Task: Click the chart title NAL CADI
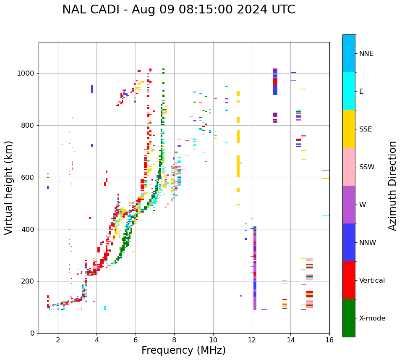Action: point(178,10)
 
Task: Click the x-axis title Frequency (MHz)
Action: point(183,350)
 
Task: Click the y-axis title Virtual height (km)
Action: point(9,188)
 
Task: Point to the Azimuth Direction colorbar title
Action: point(392,186)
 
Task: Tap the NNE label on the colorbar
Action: point(366,54)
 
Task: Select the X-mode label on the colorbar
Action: point(372,318)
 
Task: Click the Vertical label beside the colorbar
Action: point(372,281)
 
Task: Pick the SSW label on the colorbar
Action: point(367,167)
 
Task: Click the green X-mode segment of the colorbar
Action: point(349,318)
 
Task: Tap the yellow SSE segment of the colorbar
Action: point(349,129)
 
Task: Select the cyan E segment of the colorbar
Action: point(349,91)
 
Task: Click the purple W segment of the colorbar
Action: point(349,205)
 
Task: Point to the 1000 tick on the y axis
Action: point(26,74)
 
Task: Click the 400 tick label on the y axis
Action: point(28,229)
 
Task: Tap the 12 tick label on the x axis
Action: point(252,340)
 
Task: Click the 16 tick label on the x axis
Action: point(329,340)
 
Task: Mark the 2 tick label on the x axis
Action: point(58,340)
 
